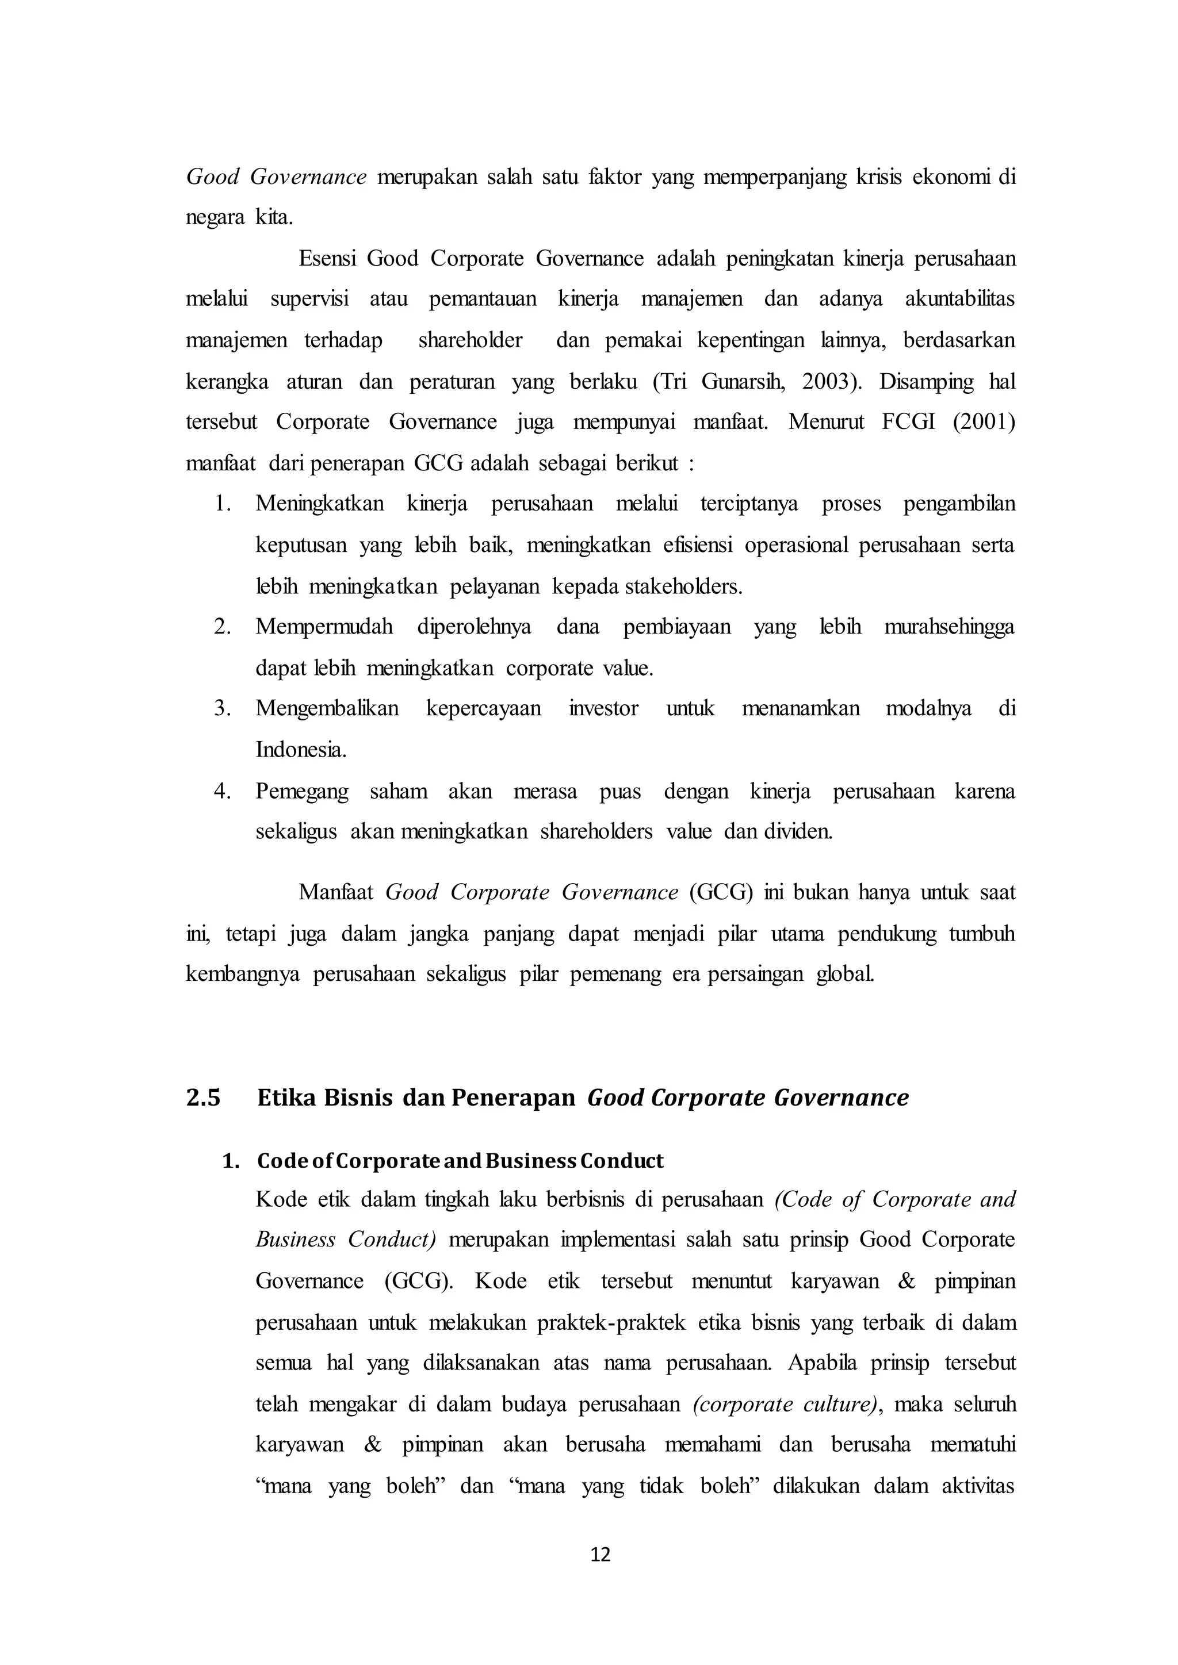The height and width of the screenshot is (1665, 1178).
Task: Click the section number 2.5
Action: click(203, 1098)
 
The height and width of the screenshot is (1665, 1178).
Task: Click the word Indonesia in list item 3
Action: click(300, 750)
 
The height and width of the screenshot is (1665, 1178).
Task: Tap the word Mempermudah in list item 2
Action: click(323, 627)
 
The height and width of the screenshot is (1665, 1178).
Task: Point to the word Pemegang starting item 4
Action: click(302, 791)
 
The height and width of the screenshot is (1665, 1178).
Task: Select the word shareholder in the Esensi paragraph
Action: click(470, 341)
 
